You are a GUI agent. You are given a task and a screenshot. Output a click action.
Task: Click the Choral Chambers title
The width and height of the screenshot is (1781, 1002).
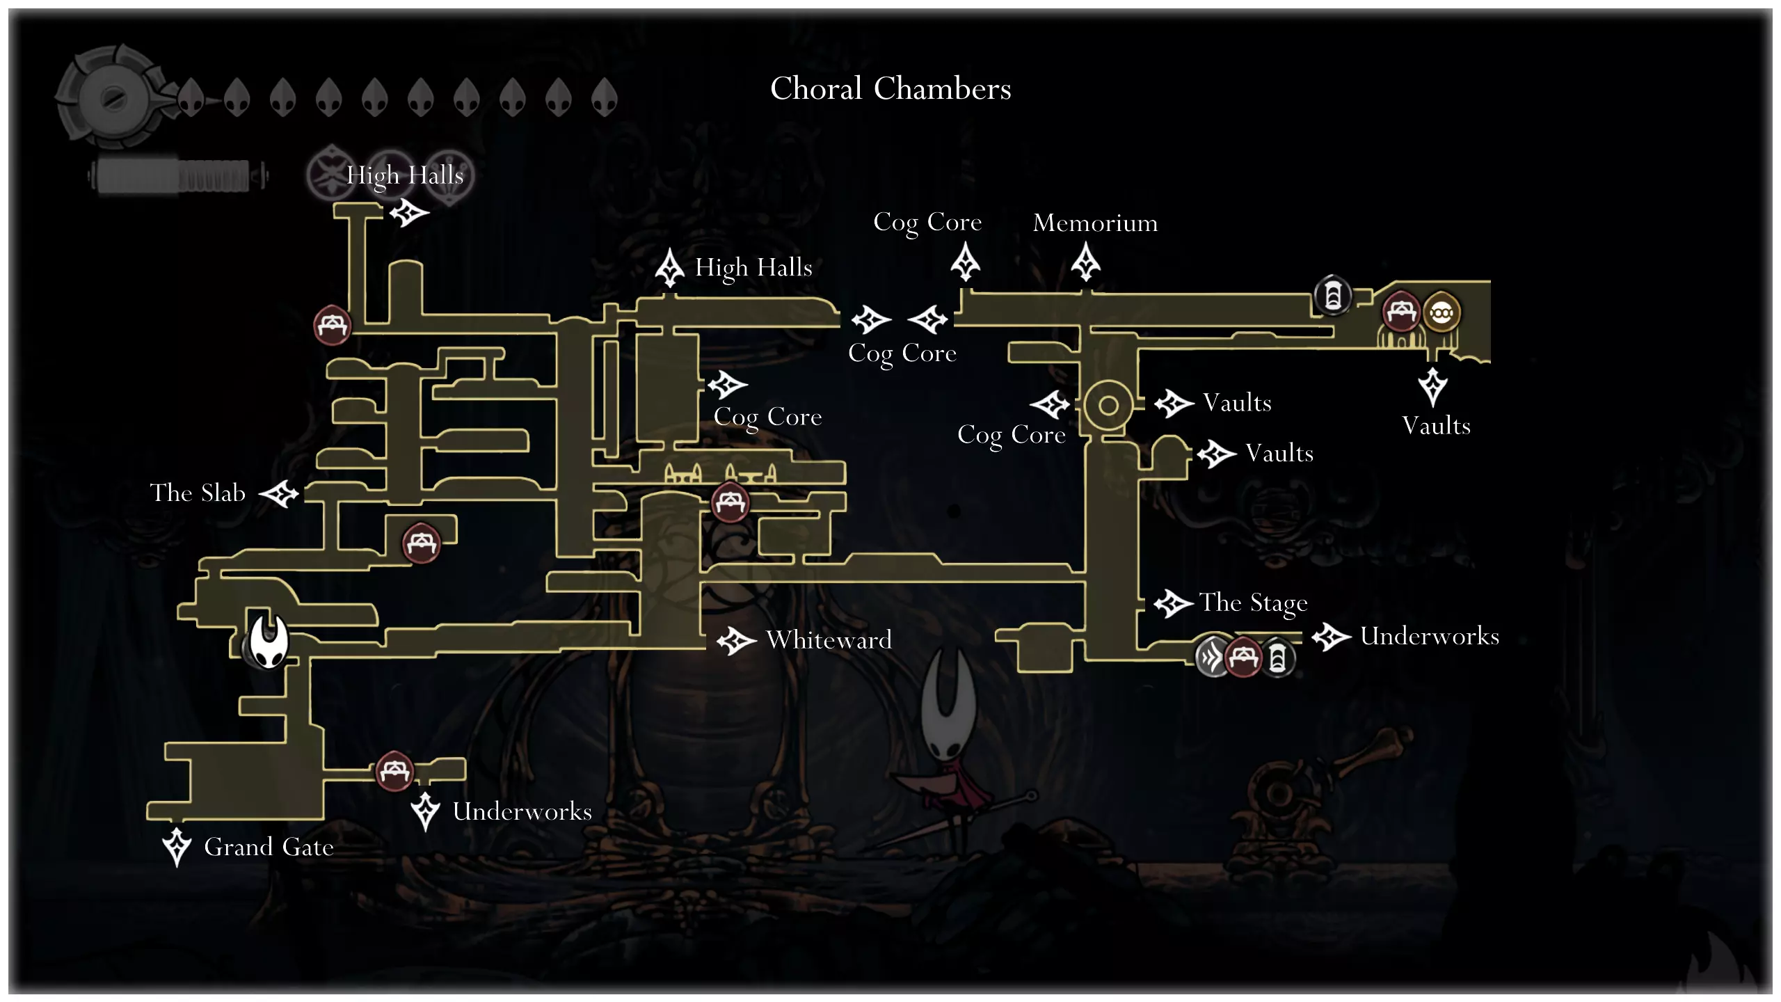[x=890, y=89]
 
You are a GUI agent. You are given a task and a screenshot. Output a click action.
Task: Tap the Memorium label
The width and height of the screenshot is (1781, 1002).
[x=1095, y=223]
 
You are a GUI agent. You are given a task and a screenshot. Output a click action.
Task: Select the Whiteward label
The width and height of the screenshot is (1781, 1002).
[x=829, y=639]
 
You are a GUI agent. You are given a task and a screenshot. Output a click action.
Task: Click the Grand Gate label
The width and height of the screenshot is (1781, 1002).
[x=269, y=847]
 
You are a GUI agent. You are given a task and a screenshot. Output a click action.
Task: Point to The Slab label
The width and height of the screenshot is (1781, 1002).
[x=198, y=493]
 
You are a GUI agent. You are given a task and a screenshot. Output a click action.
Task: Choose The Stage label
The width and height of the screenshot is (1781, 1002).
[x=1253, y=603]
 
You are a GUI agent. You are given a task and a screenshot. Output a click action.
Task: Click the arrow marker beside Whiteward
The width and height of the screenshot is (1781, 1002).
[x=736, y=640]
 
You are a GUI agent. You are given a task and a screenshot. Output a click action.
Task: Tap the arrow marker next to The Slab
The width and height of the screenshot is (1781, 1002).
[x=280, y=494]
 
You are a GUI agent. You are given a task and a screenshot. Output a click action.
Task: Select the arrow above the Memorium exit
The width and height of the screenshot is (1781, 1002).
[x=1086, y=262]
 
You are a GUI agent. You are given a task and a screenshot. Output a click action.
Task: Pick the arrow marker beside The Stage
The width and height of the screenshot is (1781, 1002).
[x=1173, y=603]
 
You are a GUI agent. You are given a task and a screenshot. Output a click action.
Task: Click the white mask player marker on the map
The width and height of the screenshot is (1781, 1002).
[x=269, y=642]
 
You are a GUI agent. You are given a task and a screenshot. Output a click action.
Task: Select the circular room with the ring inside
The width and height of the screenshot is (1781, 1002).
[x=1108, y=405]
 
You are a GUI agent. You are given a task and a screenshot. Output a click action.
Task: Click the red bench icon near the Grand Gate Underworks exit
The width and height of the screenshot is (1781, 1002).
[x=394, y=771]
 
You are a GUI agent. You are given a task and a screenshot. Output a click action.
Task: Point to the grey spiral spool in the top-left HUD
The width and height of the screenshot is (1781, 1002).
[x=111, y=97]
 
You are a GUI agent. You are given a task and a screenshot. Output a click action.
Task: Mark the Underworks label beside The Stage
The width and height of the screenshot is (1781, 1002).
[x=1429, y=636]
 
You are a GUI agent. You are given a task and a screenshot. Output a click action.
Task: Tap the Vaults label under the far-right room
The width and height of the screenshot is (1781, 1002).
[x=1436, y=426]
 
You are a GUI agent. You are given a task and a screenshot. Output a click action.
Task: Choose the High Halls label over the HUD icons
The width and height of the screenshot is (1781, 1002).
[x=405, y=175]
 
